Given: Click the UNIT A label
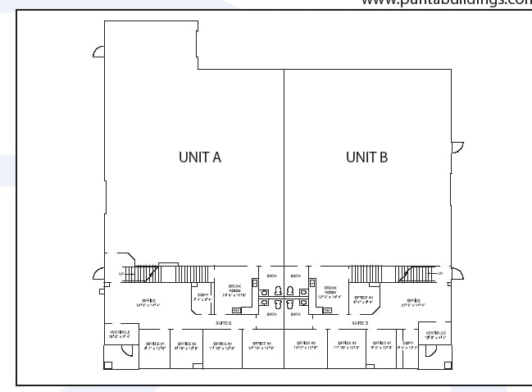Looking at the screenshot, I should tap(200, 157).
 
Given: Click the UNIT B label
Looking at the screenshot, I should tap(366, 157).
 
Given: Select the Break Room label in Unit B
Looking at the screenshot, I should tap(332, 292).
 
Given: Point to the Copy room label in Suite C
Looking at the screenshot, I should tap(202, 297).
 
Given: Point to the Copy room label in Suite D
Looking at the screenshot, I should tap(408, 344).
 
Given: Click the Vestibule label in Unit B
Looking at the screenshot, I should tap(435, 334).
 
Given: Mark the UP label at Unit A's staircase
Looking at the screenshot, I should tap(121, 273).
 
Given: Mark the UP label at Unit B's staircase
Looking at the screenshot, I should tap(440, 273).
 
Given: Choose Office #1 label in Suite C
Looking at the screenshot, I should tap(155, 344).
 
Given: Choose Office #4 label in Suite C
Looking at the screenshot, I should tap(261, 344).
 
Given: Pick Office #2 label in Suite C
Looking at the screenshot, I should tap(189, 344).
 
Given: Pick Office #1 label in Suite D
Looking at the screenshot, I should tap(383, 344).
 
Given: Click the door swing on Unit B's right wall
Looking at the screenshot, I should tap(457, 148).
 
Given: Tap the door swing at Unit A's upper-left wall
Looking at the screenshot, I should tap(98, 52).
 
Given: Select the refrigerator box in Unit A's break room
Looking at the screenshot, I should tap(236, 310).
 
